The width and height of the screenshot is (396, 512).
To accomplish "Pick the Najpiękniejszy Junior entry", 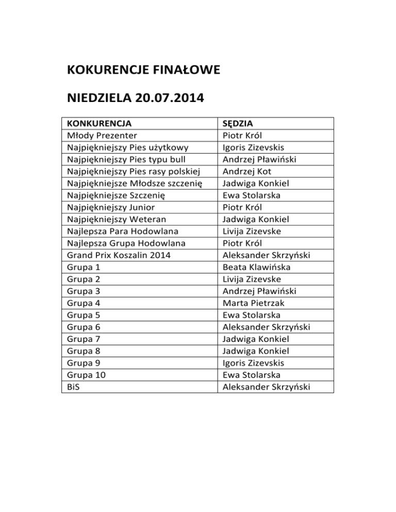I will click(110, 208).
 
